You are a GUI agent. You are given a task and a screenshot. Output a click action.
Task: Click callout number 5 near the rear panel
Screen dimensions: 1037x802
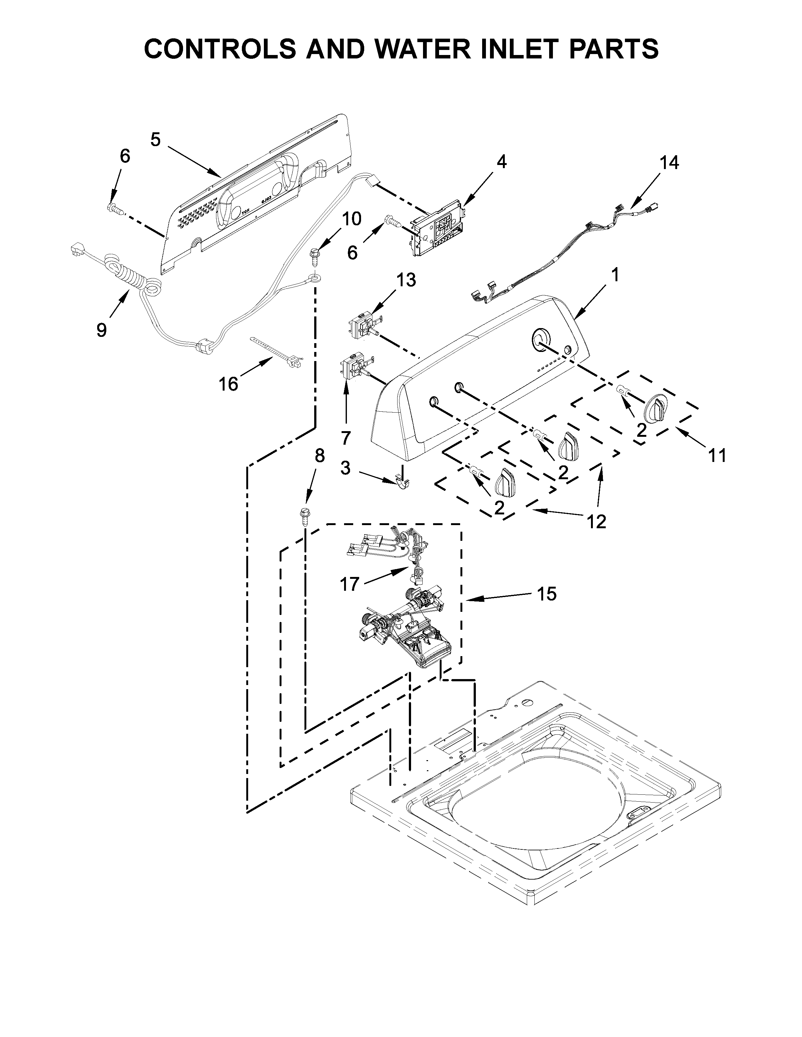pyautogui.click(x=155, y=140)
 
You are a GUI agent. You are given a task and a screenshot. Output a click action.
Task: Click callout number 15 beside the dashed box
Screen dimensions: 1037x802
pyautogui.click(x=547, y=594)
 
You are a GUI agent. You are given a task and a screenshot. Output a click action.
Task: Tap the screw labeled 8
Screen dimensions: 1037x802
pyautogui.click(x=304, y=517)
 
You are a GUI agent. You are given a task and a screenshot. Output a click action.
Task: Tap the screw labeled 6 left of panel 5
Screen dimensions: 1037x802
pyautogui.click(x=113, y=208)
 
